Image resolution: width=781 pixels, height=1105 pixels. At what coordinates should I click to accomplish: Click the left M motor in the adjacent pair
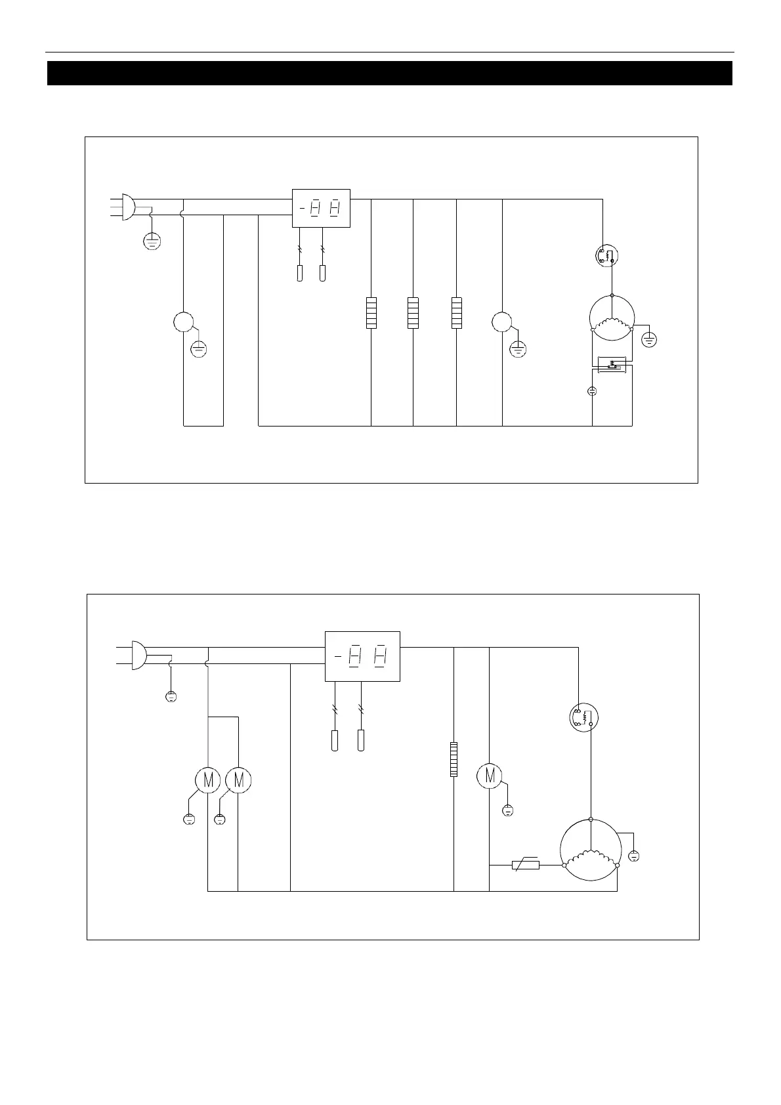(208, 780)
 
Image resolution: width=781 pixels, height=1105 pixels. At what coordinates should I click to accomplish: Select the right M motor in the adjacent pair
(238, 780)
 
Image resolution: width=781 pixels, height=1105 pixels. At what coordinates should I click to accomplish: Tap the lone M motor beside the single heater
(489, 775)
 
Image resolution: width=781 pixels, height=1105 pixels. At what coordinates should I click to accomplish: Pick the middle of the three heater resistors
(413, 312)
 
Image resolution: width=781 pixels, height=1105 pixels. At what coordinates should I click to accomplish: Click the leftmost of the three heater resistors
(371, 312)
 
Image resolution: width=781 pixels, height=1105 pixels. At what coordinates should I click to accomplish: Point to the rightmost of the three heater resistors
(456, 312)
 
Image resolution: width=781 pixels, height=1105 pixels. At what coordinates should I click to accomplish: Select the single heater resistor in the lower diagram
(454, 759)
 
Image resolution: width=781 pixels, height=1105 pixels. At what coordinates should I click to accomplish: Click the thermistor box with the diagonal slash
(525, 865)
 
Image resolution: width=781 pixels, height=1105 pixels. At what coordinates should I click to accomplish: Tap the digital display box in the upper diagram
(321, 208)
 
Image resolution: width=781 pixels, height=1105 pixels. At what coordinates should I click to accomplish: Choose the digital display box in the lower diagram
(362, 656)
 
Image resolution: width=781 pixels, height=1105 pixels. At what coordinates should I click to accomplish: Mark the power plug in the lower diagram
(138, 655)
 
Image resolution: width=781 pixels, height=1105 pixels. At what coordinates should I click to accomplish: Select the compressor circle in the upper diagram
(612, 318)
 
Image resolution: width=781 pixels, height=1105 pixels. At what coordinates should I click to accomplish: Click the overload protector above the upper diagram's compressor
(608, 255)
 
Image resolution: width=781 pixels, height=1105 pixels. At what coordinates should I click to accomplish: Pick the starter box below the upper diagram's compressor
(612, 364)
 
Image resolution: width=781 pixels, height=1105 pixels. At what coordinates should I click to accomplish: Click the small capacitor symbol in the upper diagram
(592, 391)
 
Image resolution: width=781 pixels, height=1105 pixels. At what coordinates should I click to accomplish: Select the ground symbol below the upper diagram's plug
(152, 241)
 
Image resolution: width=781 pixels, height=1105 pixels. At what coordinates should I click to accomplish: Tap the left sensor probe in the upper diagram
(300, 273)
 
